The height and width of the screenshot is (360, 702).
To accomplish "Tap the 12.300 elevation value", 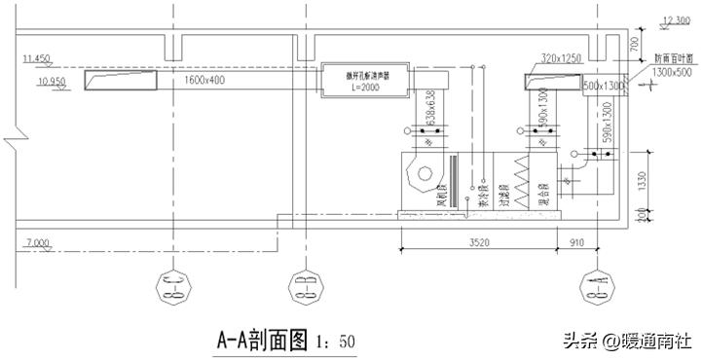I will (676, 19).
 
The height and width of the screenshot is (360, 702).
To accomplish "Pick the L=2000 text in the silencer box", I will (361, 88).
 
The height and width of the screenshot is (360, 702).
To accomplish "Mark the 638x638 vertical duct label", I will (430, 107).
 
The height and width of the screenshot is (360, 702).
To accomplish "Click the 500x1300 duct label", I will (603, 87).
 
